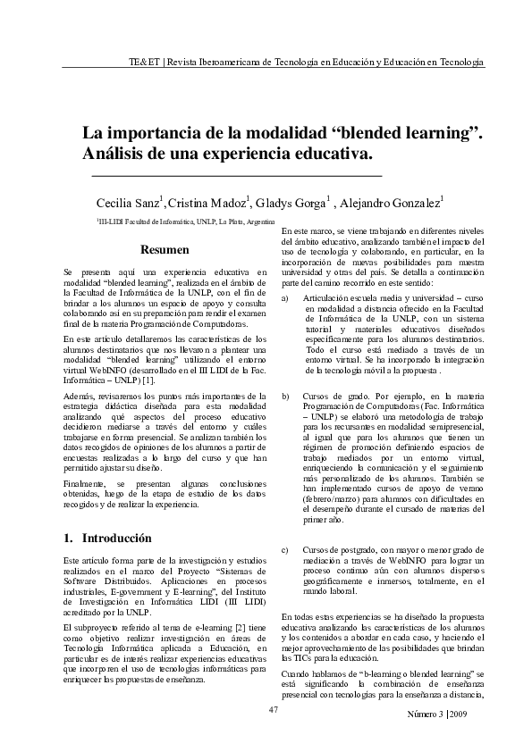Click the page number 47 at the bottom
pyautogui.click(x=274, y=709)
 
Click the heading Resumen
pyautogui.click(x=165, y=249)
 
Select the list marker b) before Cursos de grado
pyautogui.click(x=285, y=395)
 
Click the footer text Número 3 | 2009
pyautogui.click(x=437, y=715)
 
